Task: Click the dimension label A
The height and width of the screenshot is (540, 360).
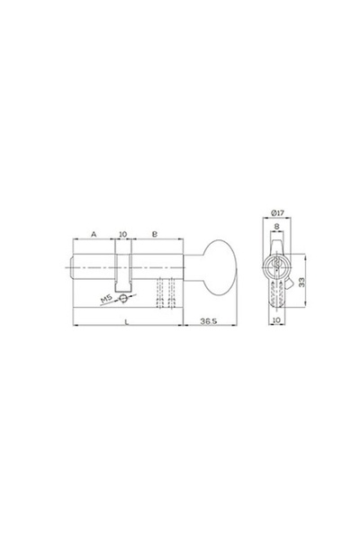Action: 94,234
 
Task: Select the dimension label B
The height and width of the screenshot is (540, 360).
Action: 155,234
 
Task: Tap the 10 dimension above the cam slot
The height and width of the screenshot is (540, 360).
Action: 122,234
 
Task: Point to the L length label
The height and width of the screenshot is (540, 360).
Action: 127,321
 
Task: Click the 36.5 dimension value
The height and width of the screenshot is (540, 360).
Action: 209,321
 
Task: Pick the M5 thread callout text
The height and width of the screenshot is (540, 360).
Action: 106,300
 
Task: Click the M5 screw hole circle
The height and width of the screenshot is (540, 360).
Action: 122,298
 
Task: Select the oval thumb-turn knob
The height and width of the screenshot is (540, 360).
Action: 219,267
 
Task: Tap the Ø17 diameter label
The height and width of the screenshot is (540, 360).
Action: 277,212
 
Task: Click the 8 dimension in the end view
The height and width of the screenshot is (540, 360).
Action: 276,226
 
